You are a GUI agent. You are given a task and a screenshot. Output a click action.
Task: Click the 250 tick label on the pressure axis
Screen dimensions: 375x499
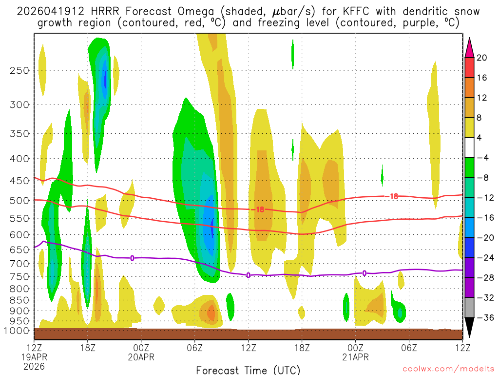tap(19, 70)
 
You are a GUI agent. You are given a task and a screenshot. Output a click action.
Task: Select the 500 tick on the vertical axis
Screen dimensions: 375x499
tap(19, 200)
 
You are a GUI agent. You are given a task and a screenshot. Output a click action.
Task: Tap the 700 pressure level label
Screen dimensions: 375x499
tap(19, 264)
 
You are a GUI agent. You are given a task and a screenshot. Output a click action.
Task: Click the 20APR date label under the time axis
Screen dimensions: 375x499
tap(141, 357)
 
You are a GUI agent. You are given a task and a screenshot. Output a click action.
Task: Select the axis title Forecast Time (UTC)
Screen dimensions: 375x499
tap(248, 370)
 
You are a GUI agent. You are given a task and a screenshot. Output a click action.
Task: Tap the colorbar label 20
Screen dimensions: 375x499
tap(481, 58)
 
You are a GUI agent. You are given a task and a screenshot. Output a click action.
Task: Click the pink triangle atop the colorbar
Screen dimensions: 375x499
tap(469, 47)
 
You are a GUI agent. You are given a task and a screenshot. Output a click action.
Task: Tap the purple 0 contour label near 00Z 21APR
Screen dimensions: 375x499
tap(365, 273)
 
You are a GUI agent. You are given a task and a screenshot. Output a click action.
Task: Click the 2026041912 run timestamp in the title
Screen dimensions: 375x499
tap(47, 11)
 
